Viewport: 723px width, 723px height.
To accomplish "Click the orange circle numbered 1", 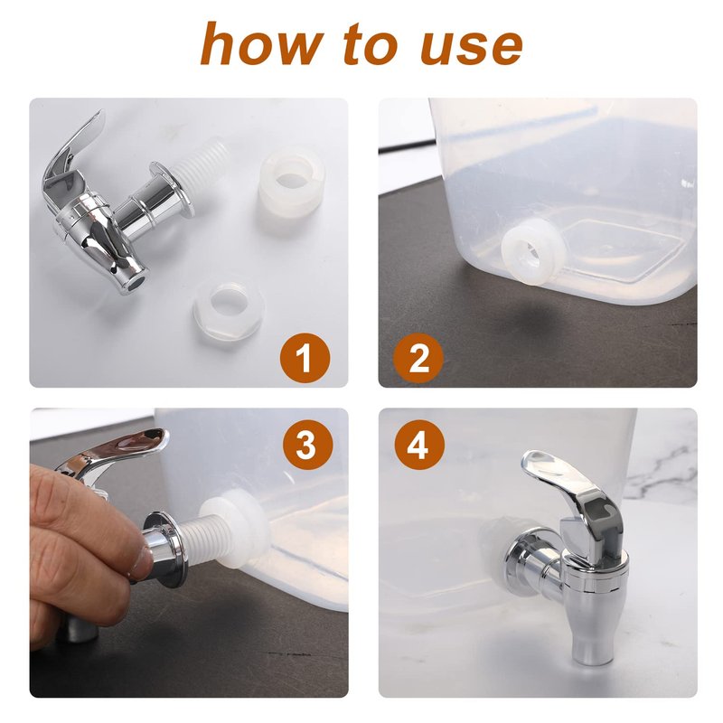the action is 305,357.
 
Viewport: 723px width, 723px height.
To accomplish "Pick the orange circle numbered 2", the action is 418,358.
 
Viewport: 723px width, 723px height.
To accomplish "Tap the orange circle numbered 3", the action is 307,445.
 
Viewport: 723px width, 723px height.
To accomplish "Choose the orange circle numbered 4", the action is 419,445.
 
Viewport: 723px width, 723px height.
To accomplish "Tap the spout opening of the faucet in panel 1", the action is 136,282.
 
